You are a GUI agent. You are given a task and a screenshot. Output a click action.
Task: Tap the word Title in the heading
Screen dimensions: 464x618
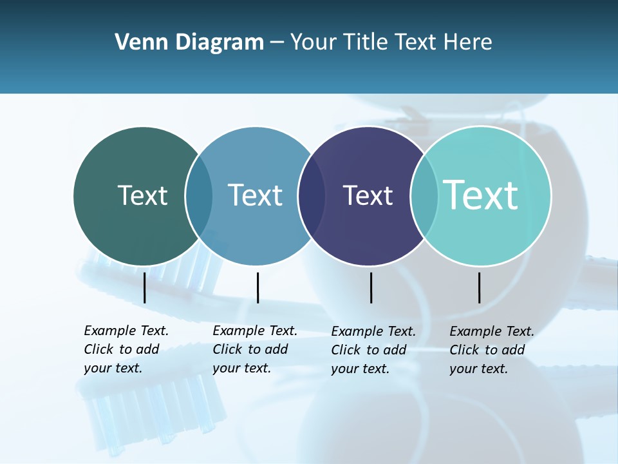coord(366,43)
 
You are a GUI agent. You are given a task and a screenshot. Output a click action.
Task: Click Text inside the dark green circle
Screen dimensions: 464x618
coord(142,195)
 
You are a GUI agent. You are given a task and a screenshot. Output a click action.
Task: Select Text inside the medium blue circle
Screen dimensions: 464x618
coord(256,195)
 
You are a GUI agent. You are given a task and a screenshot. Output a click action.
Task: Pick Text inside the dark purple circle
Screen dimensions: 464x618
coord(368,195)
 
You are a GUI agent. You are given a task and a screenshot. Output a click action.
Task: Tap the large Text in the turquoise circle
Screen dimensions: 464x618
coord(481,195)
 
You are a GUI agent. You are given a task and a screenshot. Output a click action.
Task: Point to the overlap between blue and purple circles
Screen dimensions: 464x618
coord(312,196)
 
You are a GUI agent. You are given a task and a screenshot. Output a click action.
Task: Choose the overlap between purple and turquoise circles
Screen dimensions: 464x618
coord(424,196)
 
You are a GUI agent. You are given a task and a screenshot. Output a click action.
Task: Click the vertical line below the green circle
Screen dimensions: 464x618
coord(144,287)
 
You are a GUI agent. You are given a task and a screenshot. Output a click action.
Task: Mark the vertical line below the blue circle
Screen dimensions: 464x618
coord(257,287)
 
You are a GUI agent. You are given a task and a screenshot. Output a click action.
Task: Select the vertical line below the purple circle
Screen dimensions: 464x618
coord(371,287)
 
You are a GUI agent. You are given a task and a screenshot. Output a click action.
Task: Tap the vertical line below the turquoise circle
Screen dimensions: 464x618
coord(479,287)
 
